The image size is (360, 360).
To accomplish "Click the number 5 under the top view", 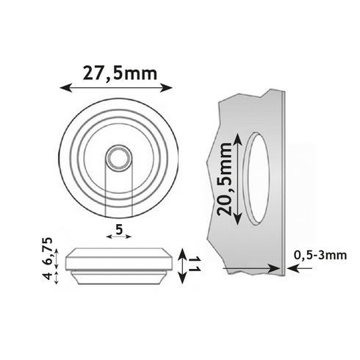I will [118, 228].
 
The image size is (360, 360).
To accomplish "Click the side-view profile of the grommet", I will [118, 265].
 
